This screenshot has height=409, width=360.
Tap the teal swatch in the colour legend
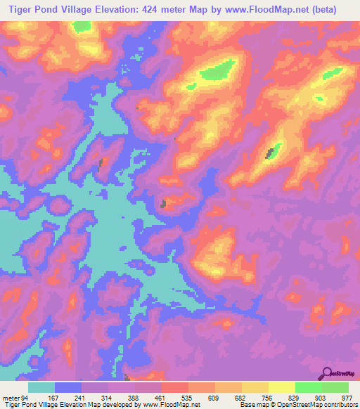pos(41,387)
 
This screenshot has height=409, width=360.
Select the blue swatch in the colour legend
pos(68,387)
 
